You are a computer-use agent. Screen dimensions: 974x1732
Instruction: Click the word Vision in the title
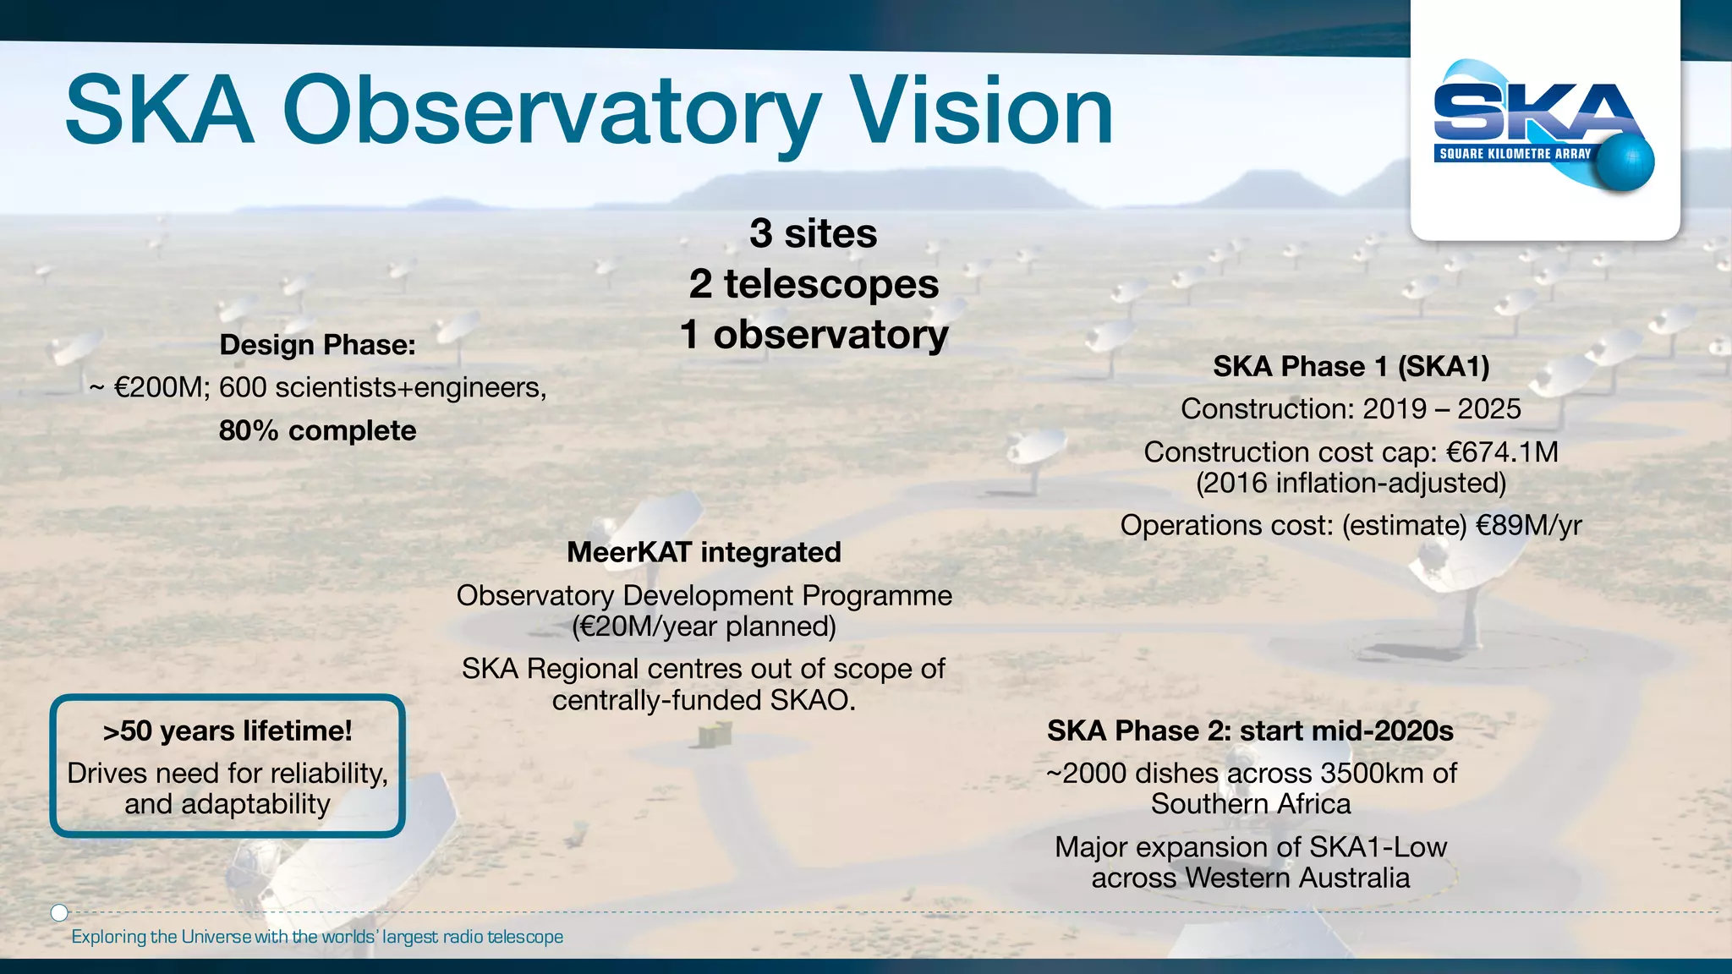point(983,112)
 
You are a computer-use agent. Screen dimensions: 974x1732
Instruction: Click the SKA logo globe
point(1625,162)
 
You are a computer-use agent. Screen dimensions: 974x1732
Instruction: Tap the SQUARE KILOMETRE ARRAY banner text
point(1515,154)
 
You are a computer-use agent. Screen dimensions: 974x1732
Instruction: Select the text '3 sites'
point(813,233)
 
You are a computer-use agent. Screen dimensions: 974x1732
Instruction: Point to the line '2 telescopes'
point(814,284)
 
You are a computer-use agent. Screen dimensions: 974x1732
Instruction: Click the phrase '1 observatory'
point(814,335)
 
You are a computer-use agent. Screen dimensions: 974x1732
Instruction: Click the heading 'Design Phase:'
point(317,345)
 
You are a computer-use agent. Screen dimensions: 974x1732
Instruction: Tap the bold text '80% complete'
point(317,431)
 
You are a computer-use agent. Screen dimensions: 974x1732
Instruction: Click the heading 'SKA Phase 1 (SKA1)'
point(1351,366)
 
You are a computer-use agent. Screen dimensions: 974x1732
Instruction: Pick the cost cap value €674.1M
point(1502,452)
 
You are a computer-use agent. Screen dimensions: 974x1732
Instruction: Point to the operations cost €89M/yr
point(1528,526)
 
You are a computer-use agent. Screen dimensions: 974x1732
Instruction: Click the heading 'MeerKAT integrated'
point(704,552)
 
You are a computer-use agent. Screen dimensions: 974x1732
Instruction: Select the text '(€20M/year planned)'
point(704,627)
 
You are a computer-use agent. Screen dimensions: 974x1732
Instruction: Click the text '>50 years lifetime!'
point(227,731)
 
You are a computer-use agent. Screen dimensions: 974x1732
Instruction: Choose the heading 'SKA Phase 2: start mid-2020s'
point(1250,731)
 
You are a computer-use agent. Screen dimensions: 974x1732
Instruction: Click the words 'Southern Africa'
point(1250,804)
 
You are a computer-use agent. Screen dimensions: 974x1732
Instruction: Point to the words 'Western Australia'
point(1296,878)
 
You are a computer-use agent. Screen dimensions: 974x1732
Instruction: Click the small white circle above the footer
point(59,912)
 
